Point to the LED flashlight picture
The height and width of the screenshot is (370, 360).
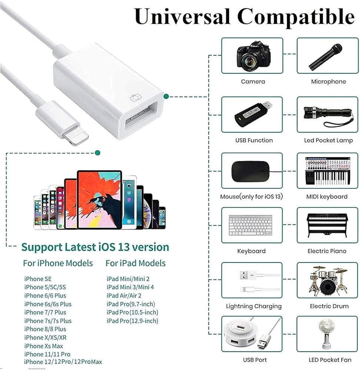(326, 113)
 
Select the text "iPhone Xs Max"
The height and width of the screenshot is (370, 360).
(44, 346)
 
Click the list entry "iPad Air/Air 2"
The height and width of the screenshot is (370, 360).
(124, 296)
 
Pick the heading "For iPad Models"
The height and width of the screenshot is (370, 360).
(136, 263)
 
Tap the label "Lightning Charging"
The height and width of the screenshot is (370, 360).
(254, 306)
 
